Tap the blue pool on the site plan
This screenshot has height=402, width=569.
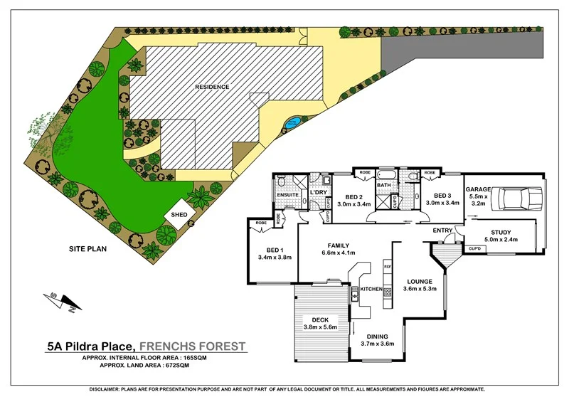[291, 124]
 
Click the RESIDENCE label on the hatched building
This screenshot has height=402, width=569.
[213, 87]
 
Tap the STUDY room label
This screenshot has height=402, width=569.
[501, 233]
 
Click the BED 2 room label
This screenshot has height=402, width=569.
[355, 196]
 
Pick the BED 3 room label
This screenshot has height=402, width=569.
[442, 196]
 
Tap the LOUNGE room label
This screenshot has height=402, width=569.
[419, 282]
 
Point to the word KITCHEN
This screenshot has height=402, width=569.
[372, 290]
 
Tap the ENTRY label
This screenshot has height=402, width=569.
[442, 231]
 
